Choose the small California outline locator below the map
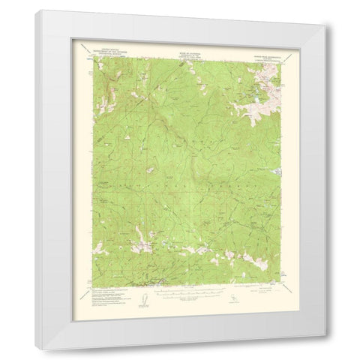[232, 299]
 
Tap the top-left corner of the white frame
[34, 13]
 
